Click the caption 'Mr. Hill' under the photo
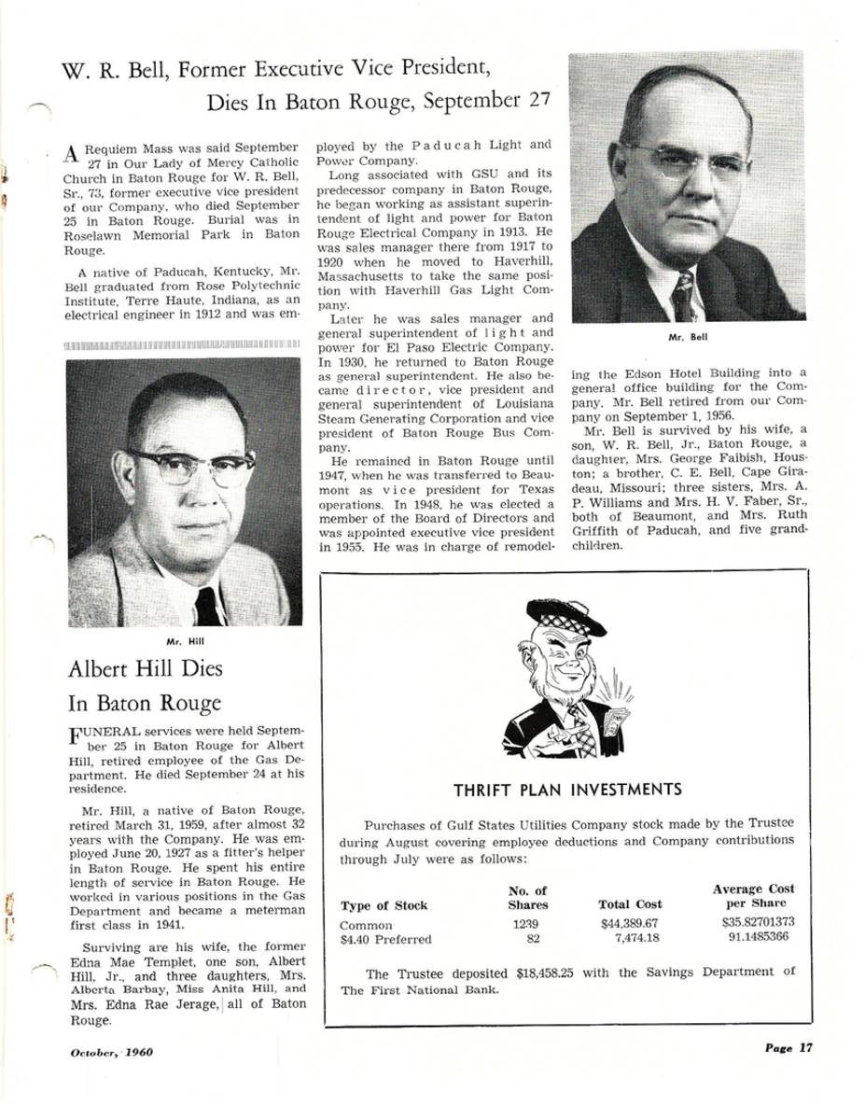[184, 641]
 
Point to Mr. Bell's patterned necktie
[683, 296]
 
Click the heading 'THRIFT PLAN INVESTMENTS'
[567, 790]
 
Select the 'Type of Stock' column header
[384, 904]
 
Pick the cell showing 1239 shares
[526, 923]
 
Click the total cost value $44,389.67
[631, 923]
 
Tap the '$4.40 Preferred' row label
[386, 938]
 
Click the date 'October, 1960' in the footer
[112, 1052]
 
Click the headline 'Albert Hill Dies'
[146, 669]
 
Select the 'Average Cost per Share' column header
[753, 896]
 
